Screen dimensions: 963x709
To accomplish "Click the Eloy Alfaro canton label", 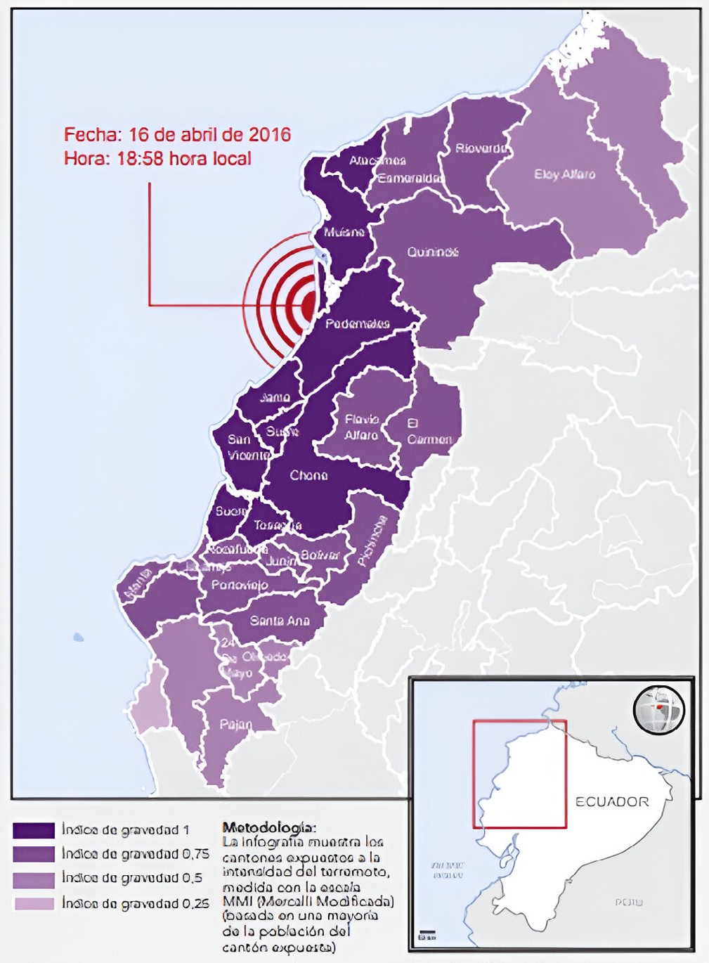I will [x=564, y=174].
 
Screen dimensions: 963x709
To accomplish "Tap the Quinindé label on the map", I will [x=432, y=252].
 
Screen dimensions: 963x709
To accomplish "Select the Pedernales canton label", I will [x=357, y=324].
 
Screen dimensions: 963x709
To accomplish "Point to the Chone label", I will [x=308, y=476].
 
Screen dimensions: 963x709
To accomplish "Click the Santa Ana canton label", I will [x=280, y=621].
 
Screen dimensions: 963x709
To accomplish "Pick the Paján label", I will [x=235, y=724].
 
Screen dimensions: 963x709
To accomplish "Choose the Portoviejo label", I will [x=240, y=585].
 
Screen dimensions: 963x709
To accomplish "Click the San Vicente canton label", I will [x=247, y=447].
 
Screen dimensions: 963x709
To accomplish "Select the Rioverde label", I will [x=481, y=148].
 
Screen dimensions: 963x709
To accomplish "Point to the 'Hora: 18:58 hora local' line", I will [x=157, y=158].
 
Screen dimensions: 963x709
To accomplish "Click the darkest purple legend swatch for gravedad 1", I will [x=33, y=831].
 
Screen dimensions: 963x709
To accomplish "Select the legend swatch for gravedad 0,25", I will [x=33, y=903].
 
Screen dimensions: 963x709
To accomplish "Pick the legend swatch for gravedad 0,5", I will [x=33, y=879].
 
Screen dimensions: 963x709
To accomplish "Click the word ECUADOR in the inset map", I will [x=612, y=801].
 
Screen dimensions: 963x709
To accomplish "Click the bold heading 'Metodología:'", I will [x=269, y=827].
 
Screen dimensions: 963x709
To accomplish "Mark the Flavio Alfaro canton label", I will [x=361, y=427].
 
